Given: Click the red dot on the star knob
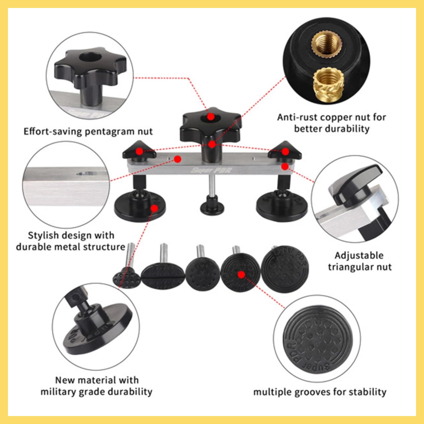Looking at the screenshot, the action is (211, 117).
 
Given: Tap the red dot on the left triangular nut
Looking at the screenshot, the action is (139, 152).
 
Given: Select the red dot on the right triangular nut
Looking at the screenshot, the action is (285, 152).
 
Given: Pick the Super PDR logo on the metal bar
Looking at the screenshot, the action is (211, 170).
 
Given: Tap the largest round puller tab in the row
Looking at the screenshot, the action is (285, 269).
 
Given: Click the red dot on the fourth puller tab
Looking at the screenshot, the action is (241, 275).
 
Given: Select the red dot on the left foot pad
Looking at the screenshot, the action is (154, 208).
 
